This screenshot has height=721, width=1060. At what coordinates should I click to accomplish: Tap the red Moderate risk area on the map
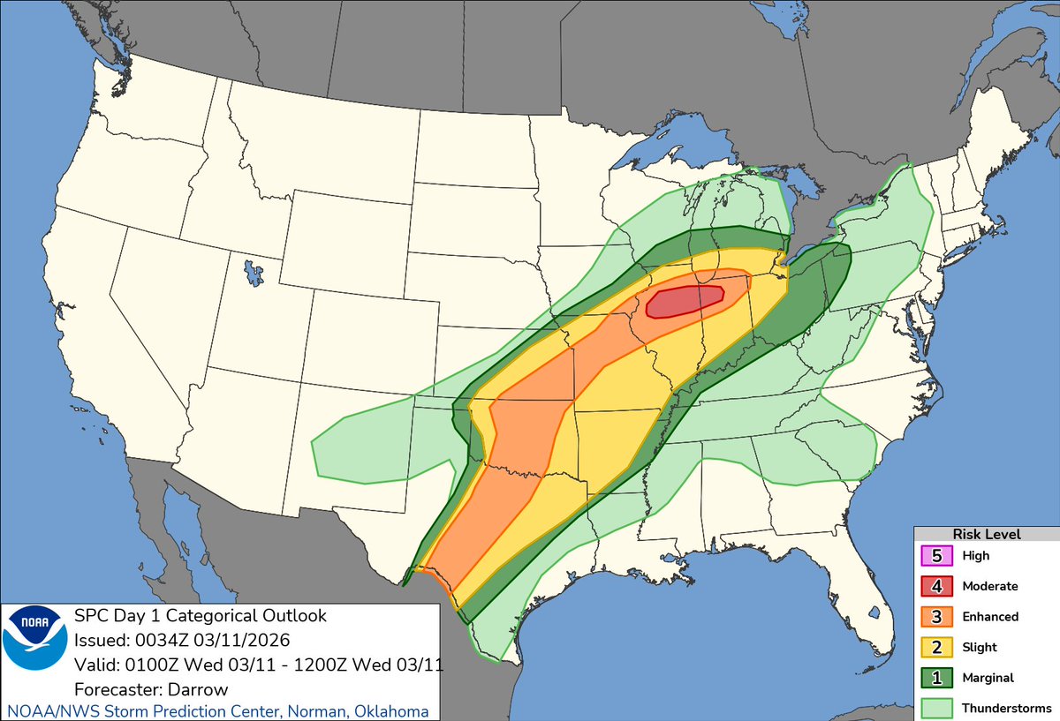pyautogui.click(x=685, y=301)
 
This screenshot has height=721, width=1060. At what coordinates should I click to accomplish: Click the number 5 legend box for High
pyautogui.click(x=935, y=556)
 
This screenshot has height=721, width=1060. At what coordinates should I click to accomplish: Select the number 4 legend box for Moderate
pyautogui.click(x=935, y=586)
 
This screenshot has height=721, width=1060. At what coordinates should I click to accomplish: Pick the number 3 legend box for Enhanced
pyautogui.click(x=935, y=617)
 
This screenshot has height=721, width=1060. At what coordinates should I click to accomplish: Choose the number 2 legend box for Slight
pyautogui.click(x=935, y=647)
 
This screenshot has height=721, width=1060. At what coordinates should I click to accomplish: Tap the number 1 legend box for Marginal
pyautogui.click(x=935, y=678)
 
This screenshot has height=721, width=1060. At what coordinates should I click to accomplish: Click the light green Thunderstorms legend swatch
pyautogui.click(x=935, y=708)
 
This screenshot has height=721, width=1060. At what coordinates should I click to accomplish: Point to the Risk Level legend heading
pyautogui.click(x=987, y=535)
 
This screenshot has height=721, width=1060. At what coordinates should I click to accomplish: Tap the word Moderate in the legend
pyautogui.click(x=989, y=586)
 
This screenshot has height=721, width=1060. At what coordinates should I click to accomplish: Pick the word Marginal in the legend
pyautogui.click(x=988, y=678)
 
